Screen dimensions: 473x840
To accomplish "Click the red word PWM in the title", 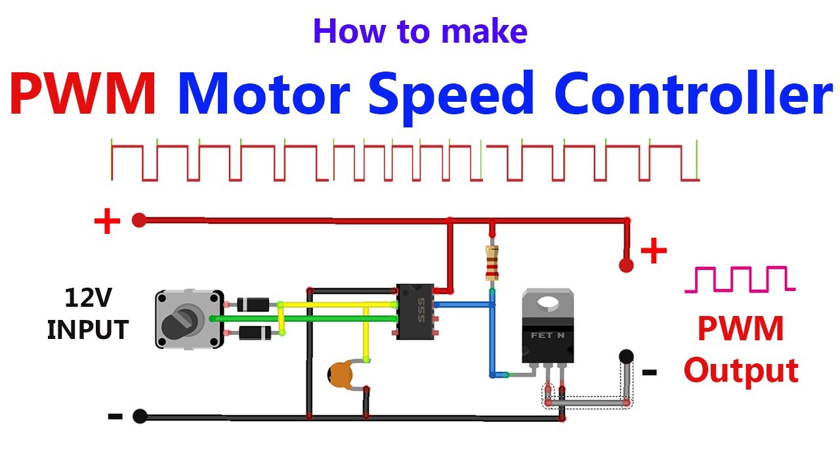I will [83, 96].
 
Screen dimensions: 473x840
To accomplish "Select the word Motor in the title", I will [262, 96].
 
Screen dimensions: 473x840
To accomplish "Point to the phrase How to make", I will [420, 32].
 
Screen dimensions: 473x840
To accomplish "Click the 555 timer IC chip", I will [415, 311].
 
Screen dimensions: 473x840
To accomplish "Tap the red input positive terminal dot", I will [138, 220].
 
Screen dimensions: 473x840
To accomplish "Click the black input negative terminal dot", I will [139, 416].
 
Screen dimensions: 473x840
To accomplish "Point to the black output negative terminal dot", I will [626, 357].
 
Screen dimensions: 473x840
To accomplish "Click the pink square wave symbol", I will [739, 279].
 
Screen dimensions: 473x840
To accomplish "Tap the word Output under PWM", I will [741, 371].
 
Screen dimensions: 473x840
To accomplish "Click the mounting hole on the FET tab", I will [547, 301].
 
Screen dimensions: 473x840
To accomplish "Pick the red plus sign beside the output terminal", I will [653, 251].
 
